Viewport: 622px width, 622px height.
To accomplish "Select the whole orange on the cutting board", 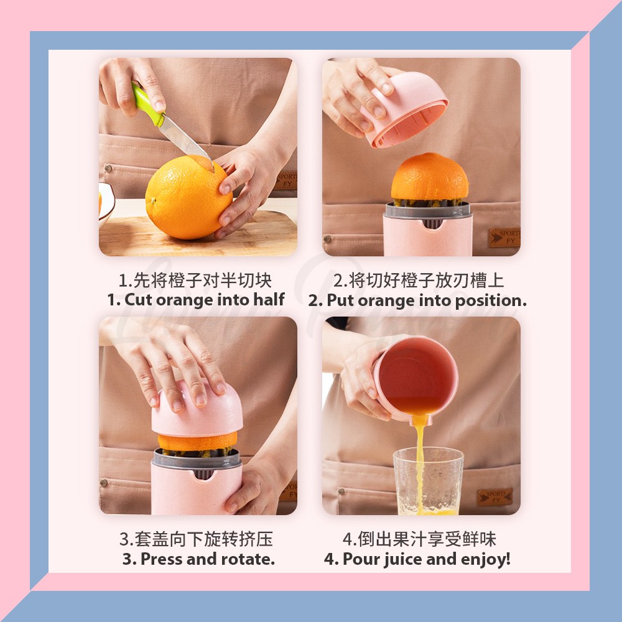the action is coord(188,197).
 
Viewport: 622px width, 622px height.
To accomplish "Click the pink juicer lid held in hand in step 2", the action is coord(406,109).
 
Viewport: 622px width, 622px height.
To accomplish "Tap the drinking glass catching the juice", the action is coord(429,481).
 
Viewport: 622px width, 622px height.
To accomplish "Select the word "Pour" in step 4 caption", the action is coord(360,559).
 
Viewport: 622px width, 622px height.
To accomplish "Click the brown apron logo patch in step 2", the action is coord(504,237).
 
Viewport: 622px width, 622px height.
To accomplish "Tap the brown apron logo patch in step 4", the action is coord(494,497).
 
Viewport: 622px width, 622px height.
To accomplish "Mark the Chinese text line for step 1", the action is coord(195,281).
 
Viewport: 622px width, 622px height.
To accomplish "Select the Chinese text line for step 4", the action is coord(419,539).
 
